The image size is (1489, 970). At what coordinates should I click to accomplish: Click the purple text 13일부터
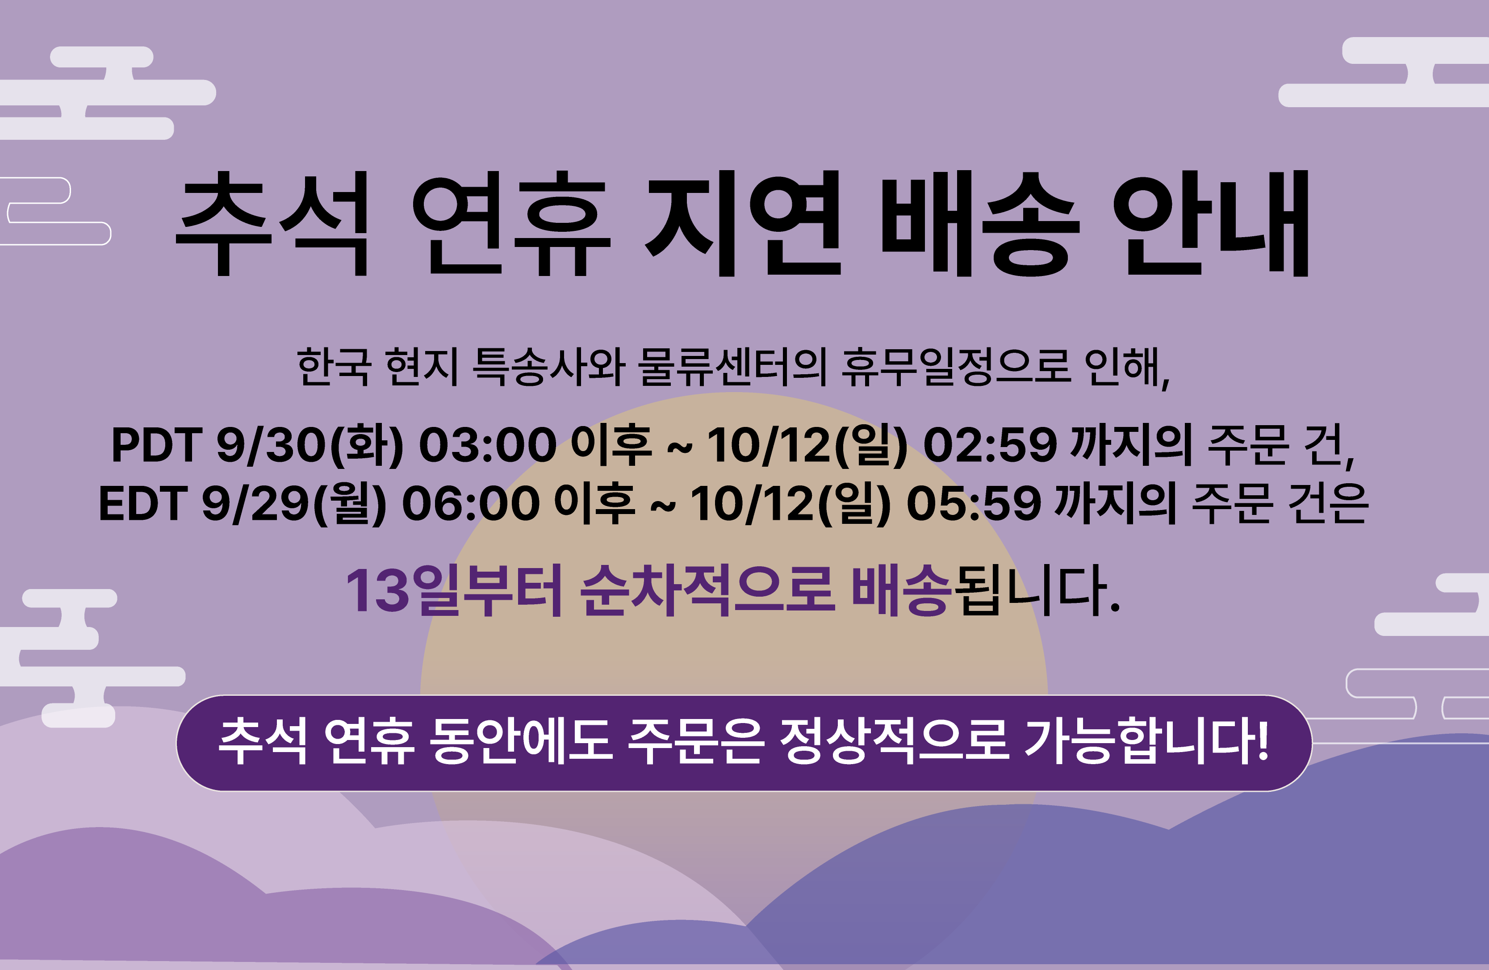(x=454, y=590)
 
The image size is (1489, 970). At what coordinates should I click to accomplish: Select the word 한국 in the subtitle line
(x=334, y=367)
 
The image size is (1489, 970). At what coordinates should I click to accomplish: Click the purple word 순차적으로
(x=707, y=590)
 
